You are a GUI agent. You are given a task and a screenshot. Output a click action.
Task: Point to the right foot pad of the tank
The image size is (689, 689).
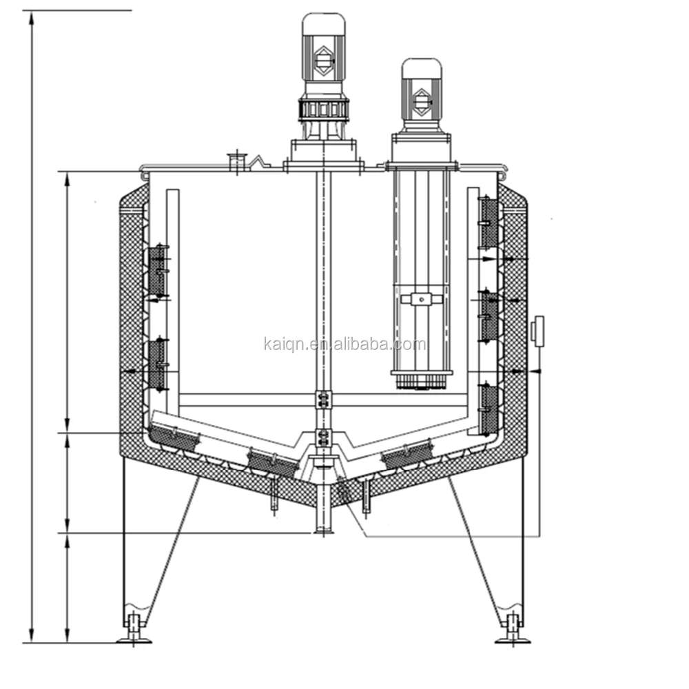(513, 638)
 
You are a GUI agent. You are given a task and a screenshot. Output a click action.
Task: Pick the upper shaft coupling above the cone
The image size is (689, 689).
(323, 399)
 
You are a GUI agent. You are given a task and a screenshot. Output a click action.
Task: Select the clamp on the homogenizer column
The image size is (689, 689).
(421, 299)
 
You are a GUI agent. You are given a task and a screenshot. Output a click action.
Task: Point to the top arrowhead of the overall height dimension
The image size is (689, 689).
(32, 18)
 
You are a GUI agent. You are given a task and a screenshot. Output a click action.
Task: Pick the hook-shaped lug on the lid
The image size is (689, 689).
(258, 163)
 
